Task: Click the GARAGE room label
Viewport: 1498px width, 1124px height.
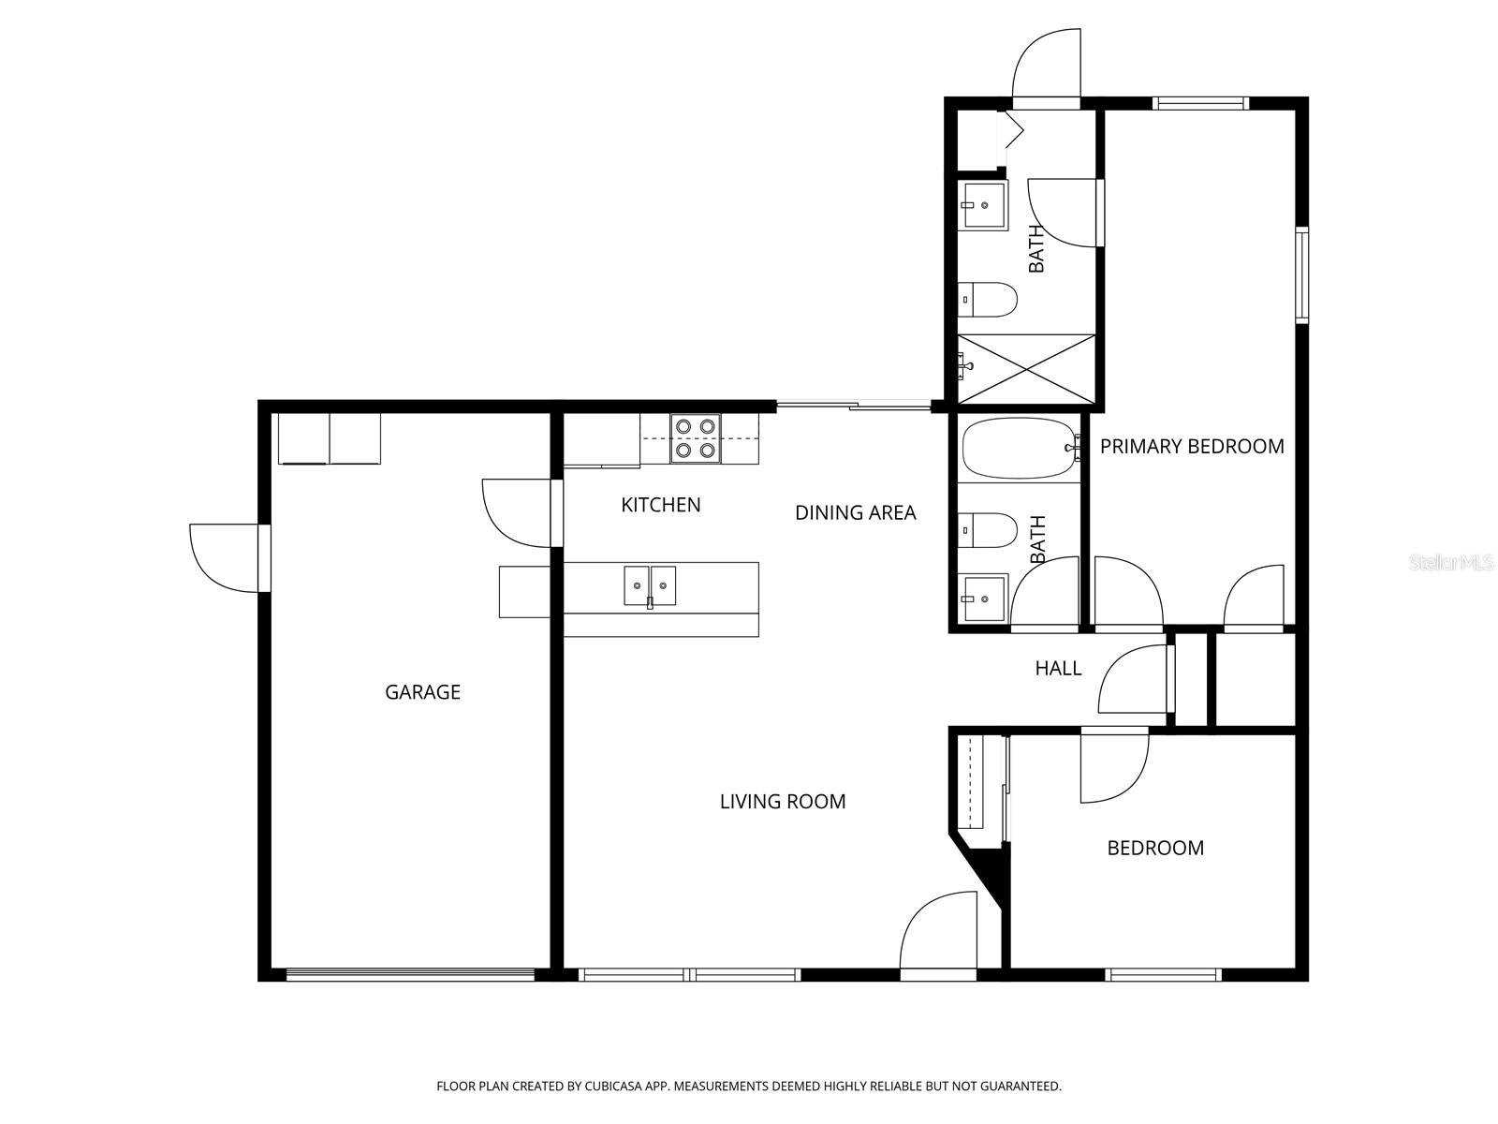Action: [x=422, y=692]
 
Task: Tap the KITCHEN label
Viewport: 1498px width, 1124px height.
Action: [x=661, y=505]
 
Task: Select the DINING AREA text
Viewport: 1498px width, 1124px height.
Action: [x=855, y=512]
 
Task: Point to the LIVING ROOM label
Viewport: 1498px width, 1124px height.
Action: [x=783, y=802]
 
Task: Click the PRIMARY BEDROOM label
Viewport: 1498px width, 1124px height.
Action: [x=1191, y=447]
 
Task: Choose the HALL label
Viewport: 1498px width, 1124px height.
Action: [x=1058, y=668]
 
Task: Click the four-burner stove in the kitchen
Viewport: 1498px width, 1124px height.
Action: [x=696, y=438]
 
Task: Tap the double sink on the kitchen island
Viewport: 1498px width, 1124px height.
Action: [x=650, y=586]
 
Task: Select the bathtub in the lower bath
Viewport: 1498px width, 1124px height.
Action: [x=1019, y=448]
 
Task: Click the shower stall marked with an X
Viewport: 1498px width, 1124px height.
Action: [x=1027, y=368]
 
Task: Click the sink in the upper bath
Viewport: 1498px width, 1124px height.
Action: [x=983, y=205]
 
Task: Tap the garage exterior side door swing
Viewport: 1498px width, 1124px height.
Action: [x=225, y=558]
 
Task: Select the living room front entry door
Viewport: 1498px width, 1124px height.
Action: [x=938, y=932]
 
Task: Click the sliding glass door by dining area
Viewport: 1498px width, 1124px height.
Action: [x=854, y=406]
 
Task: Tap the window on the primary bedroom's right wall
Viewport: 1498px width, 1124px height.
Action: [x=1301, y=274]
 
